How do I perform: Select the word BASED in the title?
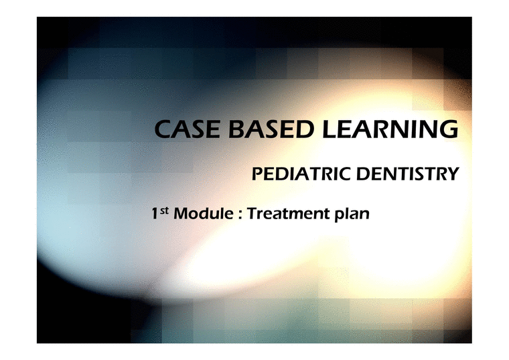[x=266, y=129]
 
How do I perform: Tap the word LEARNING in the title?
[x=389, y=129]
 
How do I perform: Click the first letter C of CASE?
[x=161, y=129]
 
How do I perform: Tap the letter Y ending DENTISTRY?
[x=453, y=174]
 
